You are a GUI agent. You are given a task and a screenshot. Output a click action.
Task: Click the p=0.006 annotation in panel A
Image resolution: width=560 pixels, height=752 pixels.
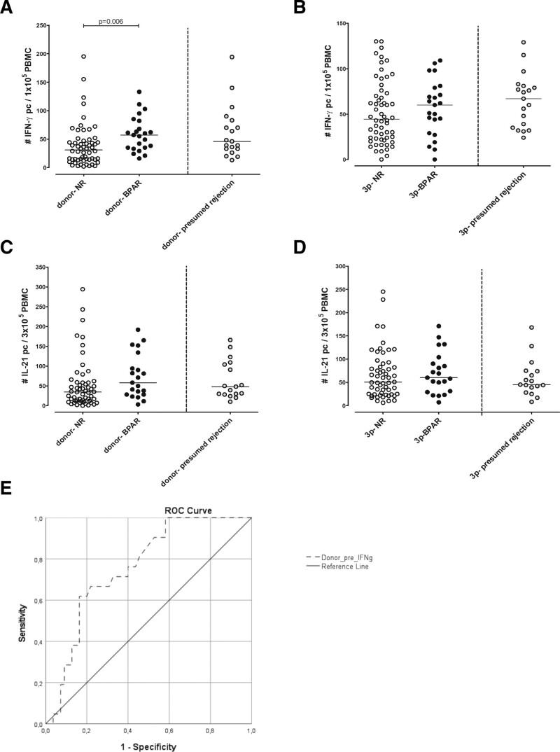click(x=111, y=21)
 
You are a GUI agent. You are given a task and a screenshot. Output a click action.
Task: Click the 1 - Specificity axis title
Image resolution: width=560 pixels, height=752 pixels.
click(x=147, y=746)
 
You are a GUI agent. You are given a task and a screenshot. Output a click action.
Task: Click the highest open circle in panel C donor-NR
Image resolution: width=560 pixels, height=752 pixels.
click(x=82, y=288)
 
